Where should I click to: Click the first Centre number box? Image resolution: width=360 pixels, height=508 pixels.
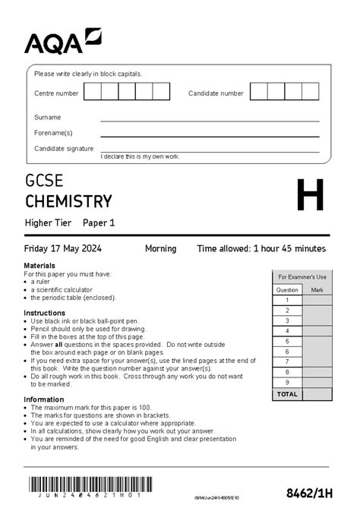point(92,93)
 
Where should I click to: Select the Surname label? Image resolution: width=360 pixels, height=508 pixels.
point(47,118)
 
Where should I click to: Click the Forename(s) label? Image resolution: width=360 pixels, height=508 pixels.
point(53,133)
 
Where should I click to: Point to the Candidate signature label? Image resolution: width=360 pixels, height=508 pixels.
point(64,149)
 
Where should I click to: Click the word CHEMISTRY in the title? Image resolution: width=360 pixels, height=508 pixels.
point(68,201)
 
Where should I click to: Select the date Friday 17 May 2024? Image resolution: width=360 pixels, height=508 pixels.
point(62,248)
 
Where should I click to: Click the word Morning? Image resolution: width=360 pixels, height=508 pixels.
point(160,248)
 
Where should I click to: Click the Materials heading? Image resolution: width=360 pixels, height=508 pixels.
point(39,265)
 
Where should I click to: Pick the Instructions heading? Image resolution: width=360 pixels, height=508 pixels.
point(44,313)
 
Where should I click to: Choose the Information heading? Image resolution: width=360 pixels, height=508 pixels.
point(43,399)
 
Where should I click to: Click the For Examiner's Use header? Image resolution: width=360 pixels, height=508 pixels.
point(302,277)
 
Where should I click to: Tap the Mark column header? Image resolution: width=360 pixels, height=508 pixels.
point(317,290)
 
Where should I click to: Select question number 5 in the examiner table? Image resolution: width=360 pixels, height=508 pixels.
point(287,341)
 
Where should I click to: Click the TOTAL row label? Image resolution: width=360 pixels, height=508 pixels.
point(288,395)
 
